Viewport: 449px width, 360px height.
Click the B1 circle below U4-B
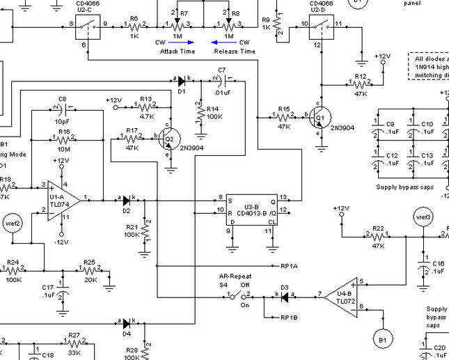(x=381, y=340)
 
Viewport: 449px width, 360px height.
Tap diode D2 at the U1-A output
(x=125, y=200)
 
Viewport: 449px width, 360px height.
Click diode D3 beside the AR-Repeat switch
(x=284, y=295)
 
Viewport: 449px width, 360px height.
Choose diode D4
(x=125, y=323)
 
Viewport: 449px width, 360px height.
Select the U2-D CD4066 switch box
(x=321, y=25)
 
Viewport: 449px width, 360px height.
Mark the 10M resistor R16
(x=64, y=139)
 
